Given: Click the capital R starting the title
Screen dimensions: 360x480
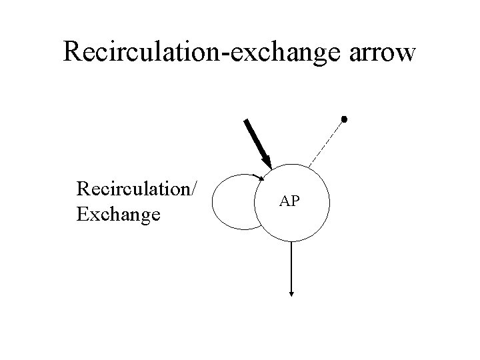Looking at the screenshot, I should click(72, 51).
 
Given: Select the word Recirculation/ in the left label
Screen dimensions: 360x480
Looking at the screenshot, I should click(136, 189).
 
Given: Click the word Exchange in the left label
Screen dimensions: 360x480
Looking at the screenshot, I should click(118, 214).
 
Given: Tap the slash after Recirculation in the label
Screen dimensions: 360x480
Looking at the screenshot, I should click(193, 189).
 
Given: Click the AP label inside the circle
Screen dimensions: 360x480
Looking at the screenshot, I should click(289, 201).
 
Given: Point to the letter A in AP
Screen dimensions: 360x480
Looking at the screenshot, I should click(285, 201).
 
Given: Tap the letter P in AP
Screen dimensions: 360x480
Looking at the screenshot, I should click(295, 201).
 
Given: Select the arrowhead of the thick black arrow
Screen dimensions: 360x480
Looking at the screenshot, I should click(267, 162).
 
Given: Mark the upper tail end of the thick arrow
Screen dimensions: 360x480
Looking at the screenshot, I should click(246, 121).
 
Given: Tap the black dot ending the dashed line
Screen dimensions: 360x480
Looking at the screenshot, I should click(344, 119).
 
